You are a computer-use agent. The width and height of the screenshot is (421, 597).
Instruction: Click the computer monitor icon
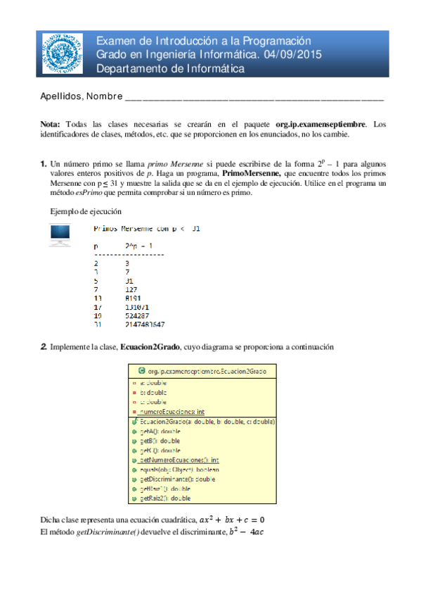(x=60, y=234)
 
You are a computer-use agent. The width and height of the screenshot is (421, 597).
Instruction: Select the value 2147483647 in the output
(x=145, y=325)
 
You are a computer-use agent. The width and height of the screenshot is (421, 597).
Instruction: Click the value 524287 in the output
(x=136, y=316)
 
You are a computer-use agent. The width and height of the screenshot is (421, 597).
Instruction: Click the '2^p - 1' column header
(x=137, y=246)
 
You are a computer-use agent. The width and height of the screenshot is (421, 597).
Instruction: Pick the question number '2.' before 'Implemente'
(x=44, y=346)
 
